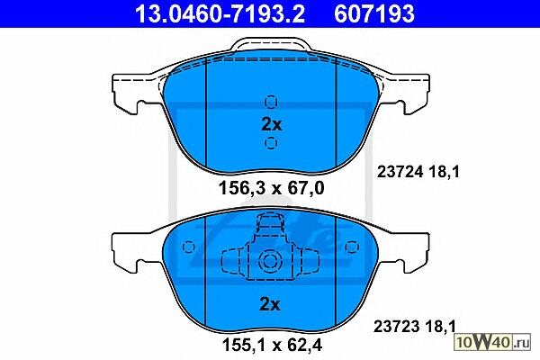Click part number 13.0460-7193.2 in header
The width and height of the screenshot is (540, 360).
click(x=220, y=13)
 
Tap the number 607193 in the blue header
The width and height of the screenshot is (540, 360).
click(x=374, y=13)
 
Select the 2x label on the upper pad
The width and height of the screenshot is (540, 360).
click(x=272, y=124)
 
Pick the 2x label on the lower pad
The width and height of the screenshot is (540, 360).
click(x=270, y=304)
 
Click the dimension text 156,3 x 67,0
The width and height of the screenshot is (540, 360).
click(x=272, y=188)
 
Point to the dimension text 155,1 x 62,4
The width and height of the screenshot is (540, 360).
click(x=272, y=345)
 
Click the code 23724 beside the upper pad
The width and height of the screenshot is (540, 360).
click(x=400, y=172)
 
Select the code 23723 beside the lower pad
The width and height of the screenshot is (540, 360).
click(x=396, y=326)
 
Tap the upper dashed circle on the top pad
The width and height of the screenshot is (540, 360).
click(x=271, y=102)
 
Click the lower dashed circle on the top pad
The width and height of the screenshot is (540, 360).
click(x=271, y=142)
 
